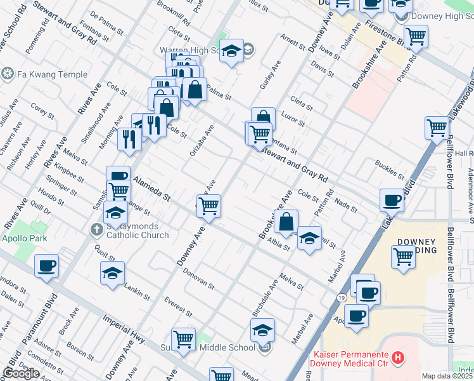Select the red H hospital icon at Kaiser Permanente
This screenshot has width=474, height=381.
click(x=397, y=358)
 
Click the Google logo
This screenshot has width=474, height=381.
click(x=21, y=373)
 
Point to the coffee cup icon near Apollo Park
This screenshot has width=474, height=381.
click(x=47, y=266)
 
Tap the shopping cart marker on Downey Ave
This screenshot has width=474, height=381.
click(x=208, y=206)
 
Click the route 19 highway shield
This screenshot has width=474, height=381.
click(x=340, y=297)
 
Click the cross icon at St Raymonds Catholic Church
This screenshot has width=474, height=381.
click(x=96, y=229)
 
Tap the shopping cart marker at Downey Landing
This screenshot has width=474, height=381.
click(x=404, y=257)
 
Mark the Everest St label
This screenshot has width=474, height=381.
click(x=177, y=305)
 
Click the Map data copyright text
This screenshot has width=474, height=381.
click(x=447, y=376)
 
